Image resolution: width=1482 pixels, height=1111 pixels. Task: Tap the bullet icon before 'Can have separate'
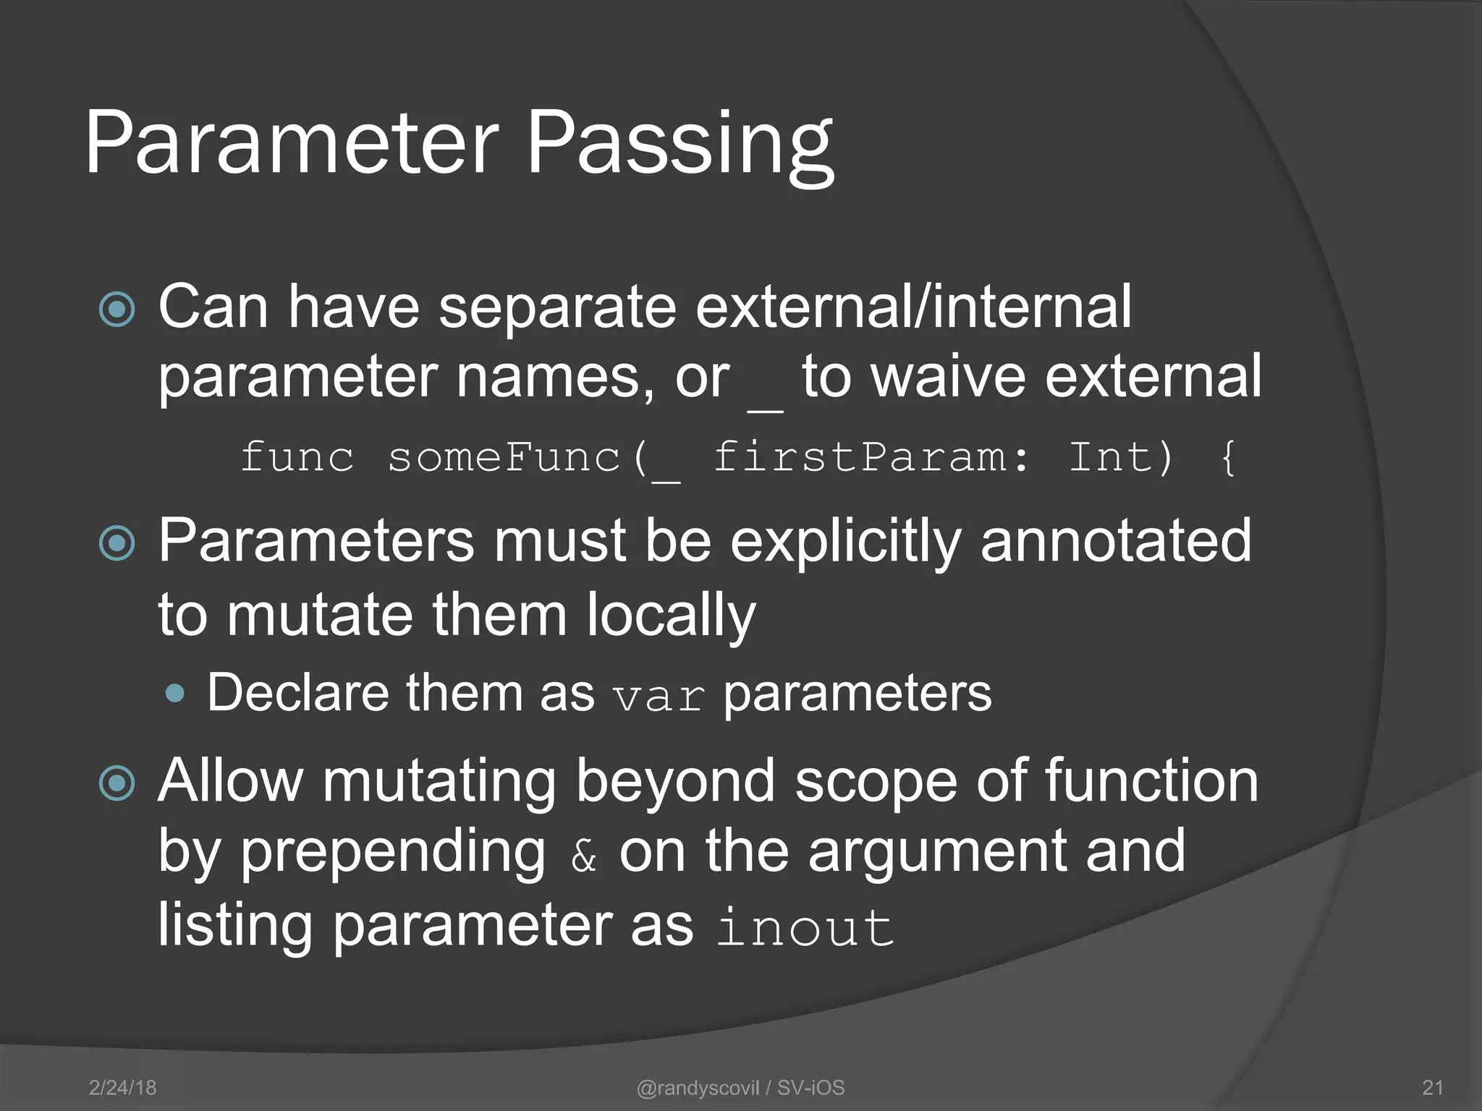coord(117,310)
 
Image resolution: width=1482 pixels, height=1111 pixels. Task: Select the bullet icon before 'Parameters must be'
coord(117,544)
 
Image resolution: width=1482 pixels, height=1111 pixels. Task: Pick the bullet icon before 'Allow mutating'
coord(117,783)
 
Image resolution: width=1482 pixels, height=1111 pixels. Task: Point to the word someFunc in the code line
coord(504,458)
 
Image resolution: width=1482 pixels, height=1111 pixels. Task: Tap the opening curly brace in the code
coord(1227,458)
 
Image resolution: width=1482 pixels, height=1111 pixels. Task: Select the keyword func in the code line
coord(297,458)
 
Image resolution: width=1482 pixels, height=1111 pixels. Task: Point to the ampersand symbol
coord(583,857)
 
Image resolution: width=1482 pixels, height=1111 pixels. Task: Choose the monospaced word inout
coord(805,927)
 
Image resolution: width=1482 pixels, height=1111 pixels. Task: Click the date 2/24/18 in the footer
coord(122,1087)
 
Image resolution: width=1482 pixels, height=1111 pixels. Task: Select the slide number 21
coord(1433,1087)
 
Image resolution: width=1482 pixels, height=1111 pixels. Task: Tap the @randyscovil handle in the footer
coord(698,1087)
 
